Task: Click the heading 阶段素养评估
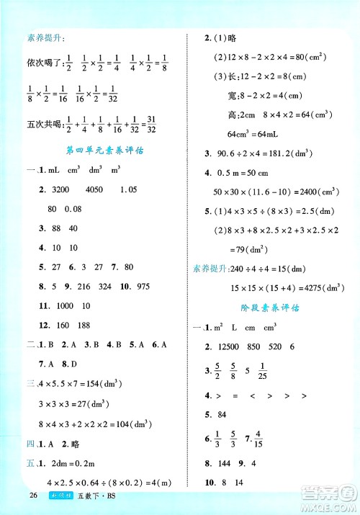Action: tap(273, 308)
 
